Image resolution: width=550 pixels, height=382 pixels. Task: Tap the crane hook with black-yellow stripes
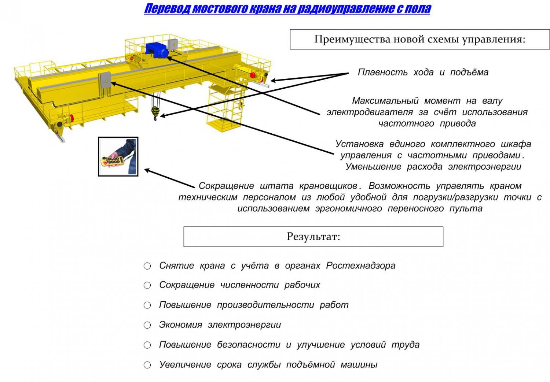coord(155,112)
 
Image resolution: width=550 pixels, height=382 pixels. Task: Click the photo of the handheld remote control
coord(118,157)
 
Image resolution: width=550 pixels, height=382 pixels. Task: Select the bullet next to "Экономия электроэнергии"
coord(147,325)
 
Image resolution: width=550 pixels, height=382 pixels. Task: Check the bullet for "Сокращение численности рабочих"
coord(147,285)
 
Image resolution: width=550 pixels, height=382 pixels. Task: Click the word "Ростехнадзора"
coord(360,266)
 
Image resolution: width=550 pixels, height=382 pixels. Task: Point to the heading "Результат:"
coord(313,237)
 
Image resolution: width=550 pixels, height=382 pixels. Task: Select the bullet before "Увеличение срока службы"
coord(147,365)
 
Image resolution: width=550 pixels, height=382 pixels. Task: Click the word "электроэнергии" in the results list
coord(244,325)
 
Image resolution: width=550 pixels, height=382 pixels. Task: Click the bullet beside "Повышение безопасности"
coord(147,345)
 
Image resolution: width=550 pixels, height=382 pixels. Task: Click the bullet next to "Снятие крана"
coord(147,266)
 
